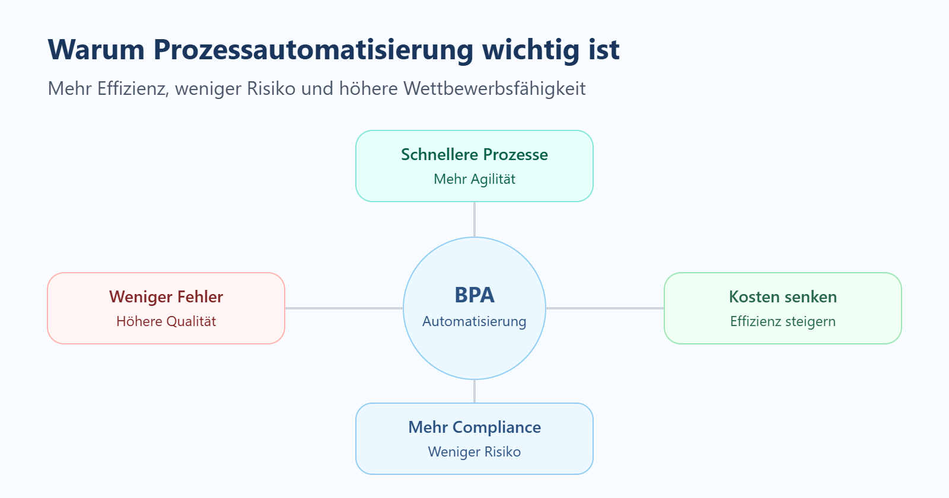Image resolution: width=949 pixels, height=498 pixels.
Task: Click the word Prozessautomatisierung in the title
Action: [x=313, y=50]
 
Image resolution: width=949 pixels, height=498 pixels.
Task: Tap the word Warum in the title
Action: [x=96, y=50]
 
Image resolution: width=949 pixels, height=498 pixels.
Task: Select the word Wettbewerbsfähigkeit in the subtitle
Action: [x=494, y=88]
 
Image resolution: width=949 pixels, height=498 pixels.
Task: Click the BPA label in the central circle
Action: [x=474, y=295]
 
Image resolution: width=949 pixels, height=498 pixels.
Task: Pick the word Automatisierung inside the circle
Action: [x=474, y=321]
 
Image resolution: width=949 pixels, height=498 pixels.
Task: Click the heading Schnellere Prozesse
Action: [x=474, y=155]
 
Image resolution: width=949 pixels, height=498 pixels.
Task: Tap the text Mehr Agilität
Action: [x=474, y=179]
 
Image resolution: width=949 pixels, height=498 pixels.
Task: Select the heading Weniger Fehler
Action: [x=166, y=297]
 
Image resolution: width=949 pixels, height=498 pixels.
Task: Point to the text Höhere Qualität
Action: [x=166, y=321]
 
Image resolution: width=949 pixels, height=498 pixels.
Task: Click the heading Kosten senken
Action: [x=783, y=297]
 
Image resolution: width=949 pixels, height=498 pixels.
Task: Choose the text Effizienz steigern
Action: [x=783, y=321]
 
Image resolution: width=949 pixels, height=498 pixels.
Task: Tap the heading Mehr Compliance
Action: [x=474, y=427]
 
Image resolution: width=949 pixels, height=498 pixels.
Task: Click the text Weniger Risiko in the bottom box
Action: [x=474, y=452]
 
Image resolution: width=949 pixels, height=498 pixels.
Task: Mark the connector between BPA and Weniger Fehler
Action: [x=344, y=308]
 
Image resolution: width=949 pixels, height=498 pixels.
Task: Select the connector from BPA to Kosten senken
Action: [x=605, y=308]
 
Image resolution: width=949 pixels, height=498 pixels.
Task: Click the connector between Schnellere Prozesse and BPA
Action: [x=474, y=219]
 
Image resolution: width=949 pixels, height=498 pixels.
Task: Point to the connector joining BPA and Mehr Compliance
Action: [x=474, y=391]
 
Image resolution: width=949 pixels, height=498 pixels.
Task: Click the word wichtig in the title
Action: [x=531, y=50]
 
